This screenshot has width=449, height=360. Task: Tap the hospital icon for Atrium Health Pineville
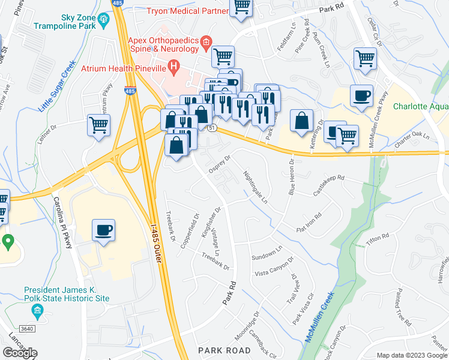173,67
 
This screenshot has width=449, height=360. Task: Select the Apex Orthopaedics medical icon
206,41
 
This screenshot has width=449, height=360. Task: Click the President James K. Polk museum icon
38,310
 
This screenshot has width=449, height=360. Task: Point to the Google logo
20,353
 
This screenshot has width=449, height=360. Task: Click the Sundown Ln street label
266,252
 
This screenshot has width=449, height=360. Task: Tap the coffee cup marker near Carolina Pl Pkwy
104,231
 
